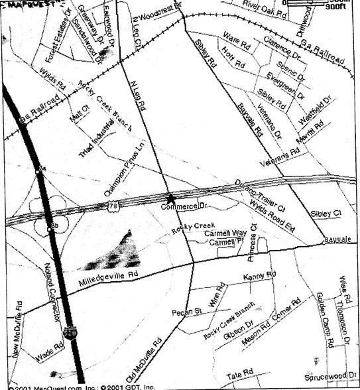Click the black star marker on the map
[x=171, y=198]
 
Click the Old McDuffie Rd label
[x=148, y=361]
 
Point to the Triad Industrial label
[x=96, y=140]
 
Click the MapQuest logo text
[x=24, y=6]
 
